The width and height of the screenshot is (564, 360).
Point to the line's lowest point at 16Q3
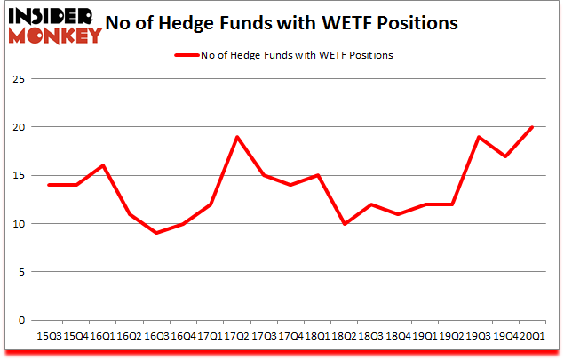[x=157, y=233]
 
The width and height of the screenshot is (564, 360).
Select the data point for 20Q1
[x=531, y=127]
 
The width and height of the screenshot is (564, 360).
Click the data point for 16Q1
[x=102, y=165]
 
